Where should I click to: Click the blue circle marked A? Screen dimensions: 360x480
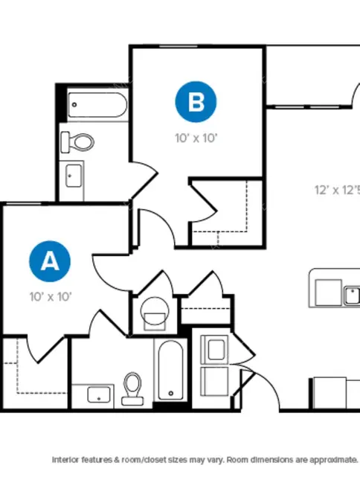point(50,261)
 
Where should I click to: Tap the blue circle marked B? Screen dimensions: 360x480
point(196,102)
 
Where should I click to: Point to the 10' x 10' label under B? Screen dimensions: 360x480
point(196,138)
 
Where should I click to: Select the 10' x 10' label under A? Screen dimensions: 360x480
point(51,297)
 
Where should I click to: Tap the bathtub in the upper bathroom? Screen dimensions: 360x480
point(97,105)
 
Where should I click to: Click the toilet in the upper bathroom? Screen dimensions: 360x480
point(77,142)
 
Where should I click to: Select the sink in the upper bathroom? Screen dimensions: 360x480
point(74,176)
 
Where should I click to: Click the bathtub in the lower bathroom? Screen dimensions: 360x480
point(170,370)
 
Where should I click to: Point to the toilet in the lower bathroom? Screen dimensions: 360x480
point(132,388)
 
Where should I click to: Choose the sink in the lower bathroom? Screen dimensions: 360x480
point(99,394)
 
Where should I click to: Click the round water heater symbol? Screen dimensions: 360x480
point(155,311)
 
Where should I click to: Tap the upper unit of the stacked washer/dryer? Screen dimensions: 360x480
point(214,349)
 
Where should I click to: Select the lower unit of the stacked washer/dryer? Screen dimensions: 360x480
point(214,381)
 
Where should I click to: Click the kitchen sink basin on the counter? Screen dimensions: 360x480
point(352,295)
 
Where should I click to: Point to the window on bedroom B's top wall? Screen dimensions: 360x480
point(179,47)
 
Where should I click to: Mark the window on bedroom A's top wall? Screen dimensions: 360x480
point(24,204)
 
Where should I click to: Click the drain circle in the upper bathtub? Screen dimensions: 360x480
point(74,105)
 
